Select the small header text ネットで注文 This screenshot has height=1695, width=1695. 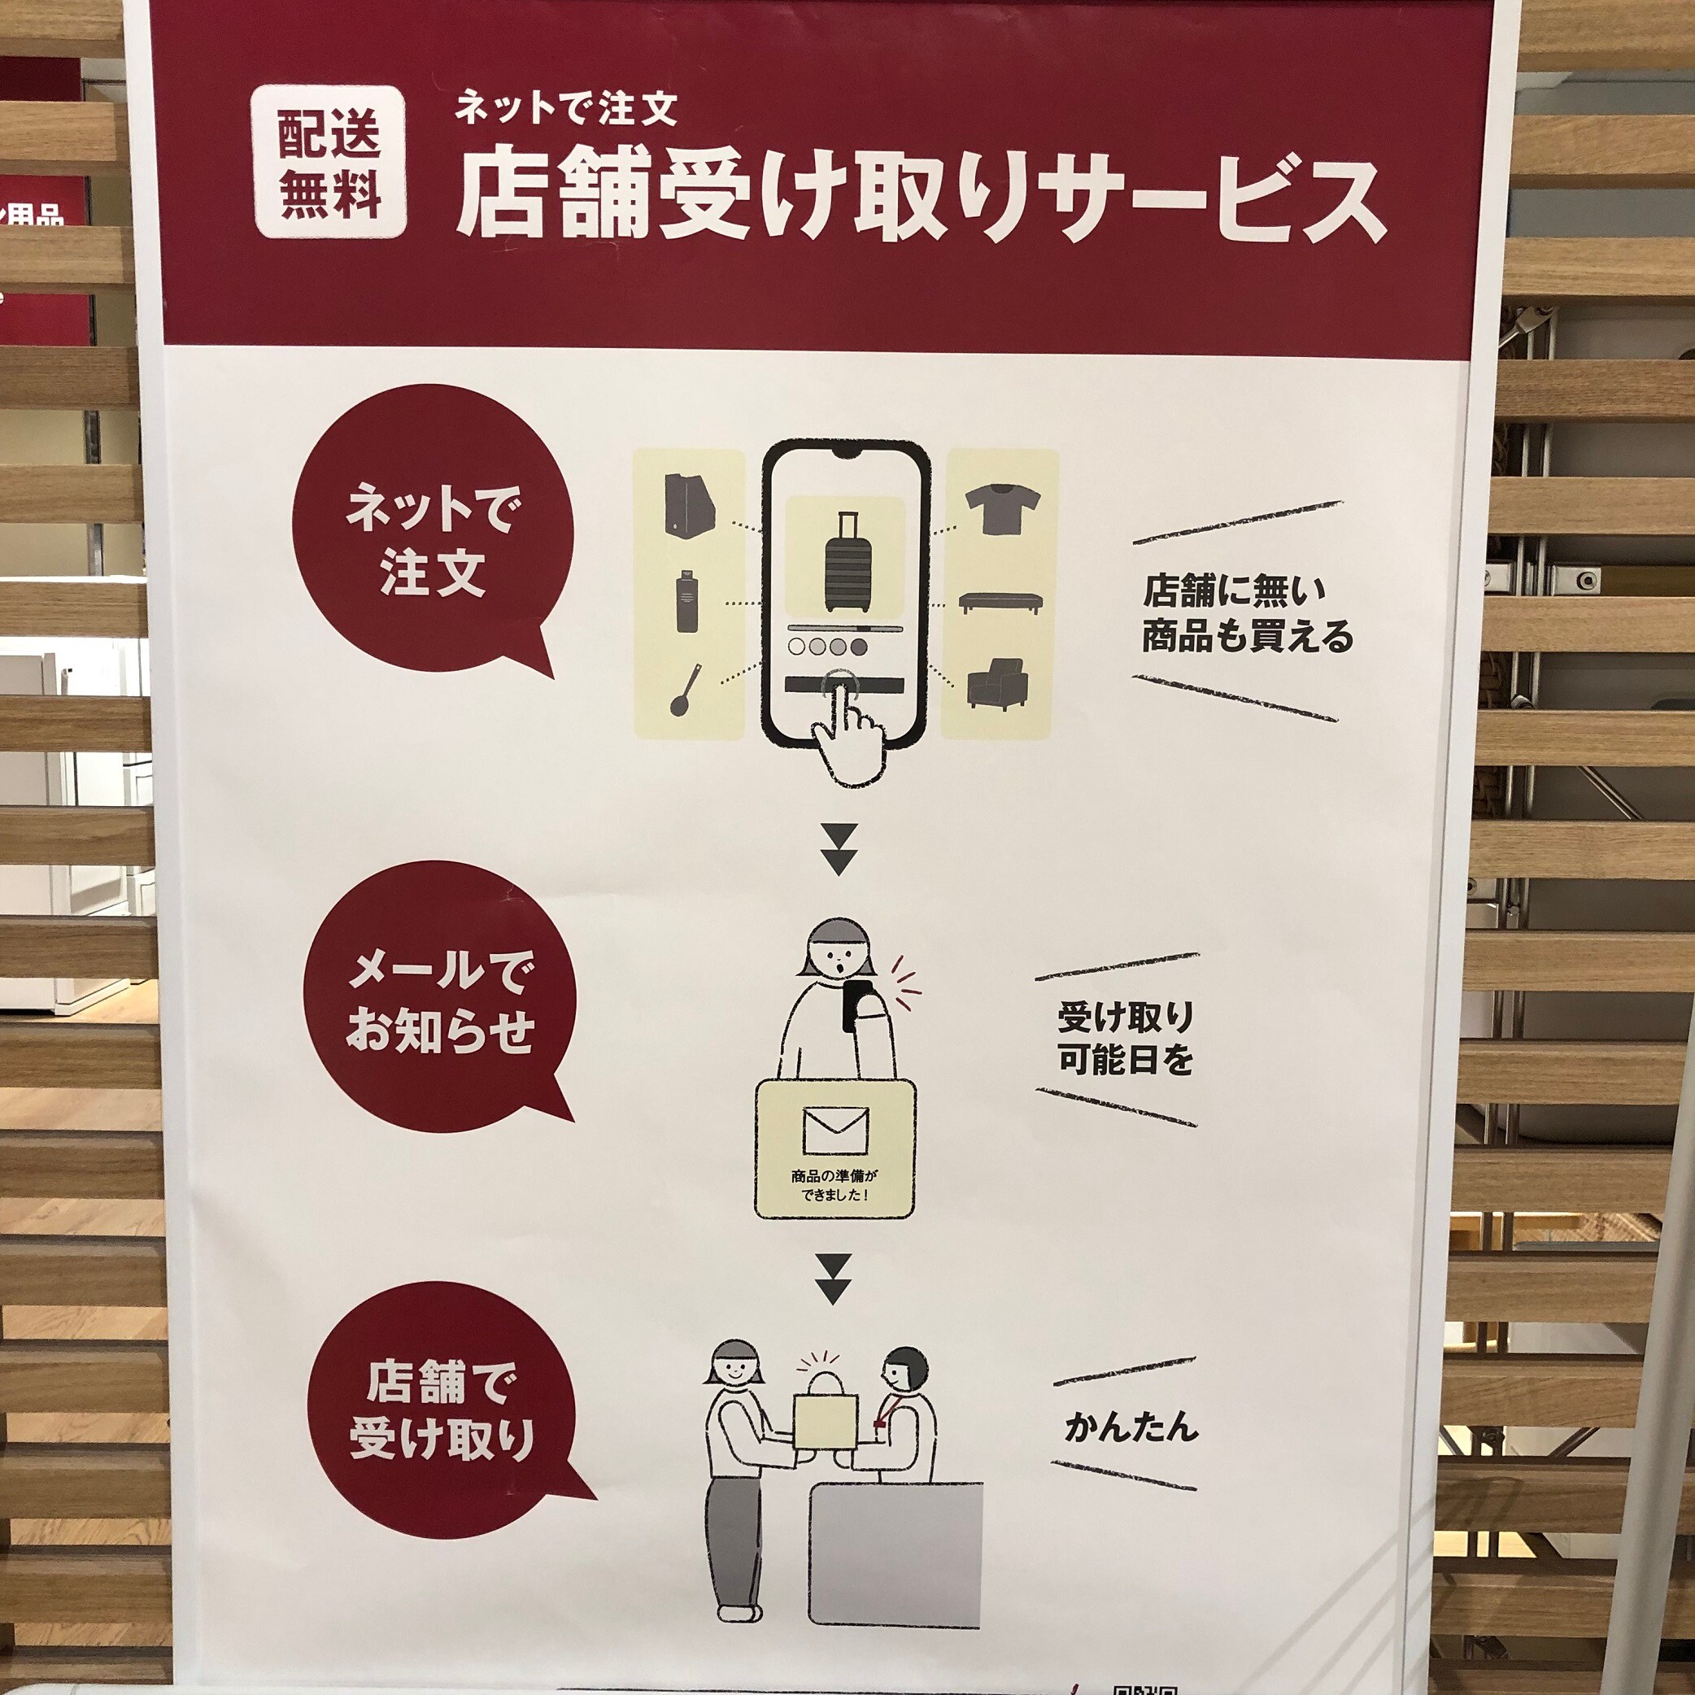click(566, 108)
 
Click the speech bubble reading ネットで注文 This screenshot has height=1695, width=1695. click(433, 544)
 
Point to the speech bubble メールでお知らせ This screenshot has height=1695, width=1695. click(439, 1004)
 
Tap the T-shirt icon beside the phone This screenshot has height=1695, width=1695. click(1003, 510)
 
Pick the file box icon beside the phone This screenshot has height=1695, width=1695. click(690, 504)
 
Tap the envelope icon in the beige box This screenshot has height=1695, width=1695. click(835, 1130)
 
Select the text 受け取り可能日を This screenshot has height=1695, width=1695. click(1126, 1039)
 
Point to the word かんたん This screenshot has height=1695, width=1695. click(1131, 1427)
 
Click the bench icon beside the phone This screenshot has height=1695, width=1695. click(1001, 602)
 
